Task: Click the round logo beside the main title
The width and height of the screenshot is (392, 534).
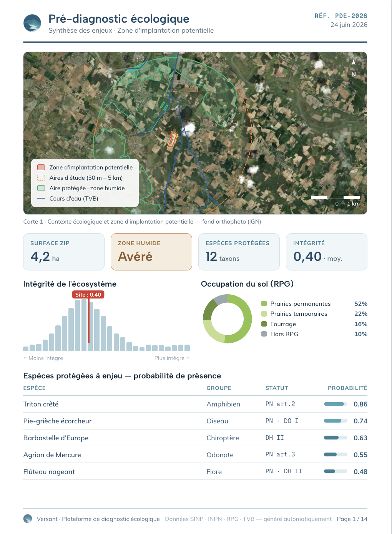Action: coord(32,23)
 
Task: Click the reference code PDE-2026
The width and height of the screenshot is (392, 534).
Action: coord(351,16)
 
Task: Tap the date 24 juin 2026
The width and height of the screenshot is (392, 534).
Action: coord(349,25)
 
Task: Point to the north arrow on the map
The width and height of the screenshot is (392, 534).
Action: coord(354,63)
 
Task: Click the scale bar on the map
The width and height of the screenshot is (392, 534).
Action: coord(335,197)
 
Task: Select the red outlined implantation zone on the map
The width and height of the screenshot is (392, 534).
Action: coord(173,140)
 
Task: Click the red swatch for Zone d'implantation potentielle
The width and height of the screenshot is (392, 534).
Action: coord(41,167)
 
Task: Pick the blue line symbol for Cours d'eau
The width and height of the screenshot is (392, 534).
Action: coord(41,199)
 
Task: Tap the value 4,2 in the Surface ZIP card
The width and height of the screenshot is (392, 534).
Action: coord(40,257)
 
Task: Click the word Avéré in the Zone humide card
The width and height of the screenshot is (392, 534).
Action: coord(135,257)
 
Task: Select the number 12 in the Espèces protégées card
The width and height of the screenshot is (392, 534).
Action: coord(211,257)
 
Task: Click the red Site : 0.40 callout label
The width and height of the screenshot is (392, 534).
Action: coord(88,295)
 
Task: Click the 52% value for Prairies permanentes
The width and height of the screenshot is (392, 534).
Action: coord(361,304)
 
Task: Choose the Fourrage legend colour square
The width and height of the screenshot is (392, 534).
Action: coord(264,324)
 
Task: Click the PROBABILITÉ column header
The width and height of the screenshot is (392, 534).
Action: coord(347,388)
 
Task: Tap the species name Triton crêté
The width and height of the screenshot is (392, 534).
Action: coord(41,404)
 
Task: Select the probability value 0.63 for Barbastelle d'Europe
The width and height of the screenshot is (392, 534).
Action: coord(360,438)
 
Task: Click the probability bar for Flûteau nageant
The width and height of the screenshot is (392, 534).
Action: coord(336,471)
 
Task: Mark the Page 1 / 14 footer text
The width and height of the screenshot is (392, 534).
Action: coord(352,519)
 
